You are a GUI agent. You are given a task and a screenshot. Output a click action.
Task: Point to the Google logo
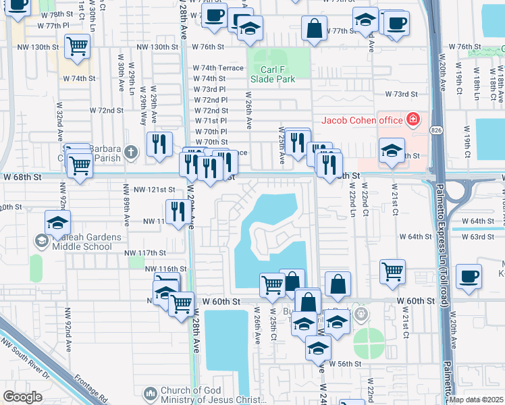22,396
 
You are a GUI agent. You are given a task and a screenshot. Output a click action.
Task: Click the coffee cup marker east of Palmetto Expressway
469,276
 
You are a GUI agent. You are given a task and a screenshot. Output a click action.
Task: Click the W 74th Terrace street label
218,68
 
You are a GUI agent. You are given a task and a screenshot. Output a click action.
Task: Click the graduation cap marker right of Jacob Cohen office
392,152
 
